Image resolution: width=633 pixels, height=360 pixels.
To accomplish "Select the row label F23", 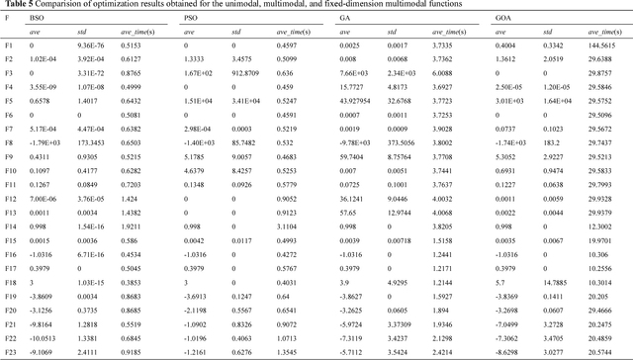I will point(11,352).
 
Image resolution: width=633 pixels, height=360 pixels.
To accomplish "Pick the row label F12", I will point(11,199).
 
